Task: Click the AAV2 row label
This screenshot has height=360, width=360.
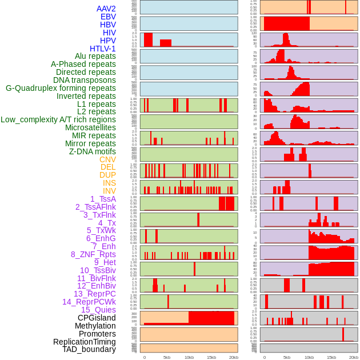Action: (x=106, y=9)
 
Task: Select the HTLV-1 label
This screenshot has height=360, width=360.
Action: (x=102, y=49)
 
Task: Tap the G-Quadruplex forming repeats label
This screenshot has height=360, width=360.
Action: (x=61, y=88)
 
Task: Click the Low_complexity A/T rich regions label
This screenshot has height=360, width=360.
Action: (x=58, y=119)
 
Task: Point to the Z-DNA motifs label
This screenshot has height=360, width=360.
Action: (x=92, y=151)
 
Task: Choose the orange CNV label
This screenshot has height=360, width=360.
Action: (x=107, y=159)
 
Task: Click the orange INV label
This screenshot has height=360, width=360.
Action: (x=109, y=191)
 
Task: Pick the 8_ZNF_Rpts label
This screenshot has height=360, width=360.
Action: (x=93, y=254)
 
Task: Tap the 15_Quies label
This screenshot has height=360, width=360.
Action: (x=98, y=310)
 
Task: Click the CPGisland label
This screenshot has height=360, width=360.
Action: (x=97, y=318)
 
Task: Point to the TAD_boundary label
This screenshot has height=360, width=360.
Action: (x=89, y=349)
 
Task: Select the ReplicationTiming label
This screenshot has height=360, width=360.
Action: (x=85, y=342)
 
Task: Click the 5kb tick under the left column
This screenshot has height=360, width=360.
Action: (x=167, y=357)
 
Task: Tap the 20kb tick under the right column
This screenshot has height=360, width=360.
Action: (x=354, y=357)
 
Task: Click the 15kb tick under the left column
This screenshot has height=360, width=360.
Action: (x=211, y=357)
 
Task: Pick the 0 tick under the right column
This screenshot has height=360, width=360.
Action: (x=264, y=357)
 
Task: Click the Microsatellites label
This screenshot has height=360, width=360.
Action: (x=90, y=127)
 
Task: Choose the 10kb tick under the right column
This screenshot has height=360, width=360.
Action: (x=309, y=357)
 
